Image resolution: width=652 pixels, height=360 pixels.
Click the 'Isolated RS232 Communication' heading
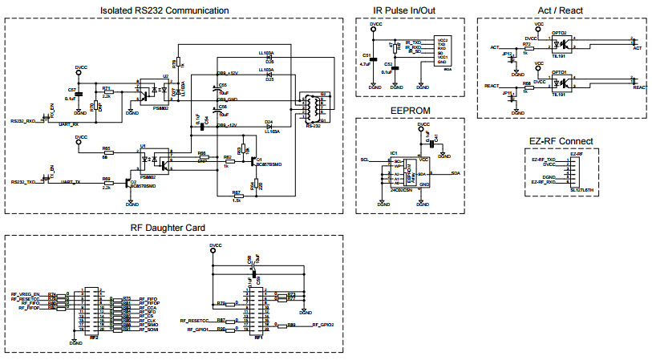tap(165, 10)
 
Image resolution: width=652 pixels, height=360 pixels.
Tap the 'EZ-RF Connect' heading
tap(561, 142)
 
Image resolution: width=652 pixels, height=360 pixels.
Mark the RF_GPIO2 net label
tap(322, 325)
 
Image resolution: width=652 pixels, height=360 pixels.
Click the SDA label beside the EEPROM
tap(456, 173)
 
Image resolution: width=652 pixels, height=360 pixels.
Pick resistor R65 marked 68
tap(106, 152)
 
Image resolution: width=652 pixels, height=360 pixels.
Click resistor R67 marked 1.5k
tap(237, 195)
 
